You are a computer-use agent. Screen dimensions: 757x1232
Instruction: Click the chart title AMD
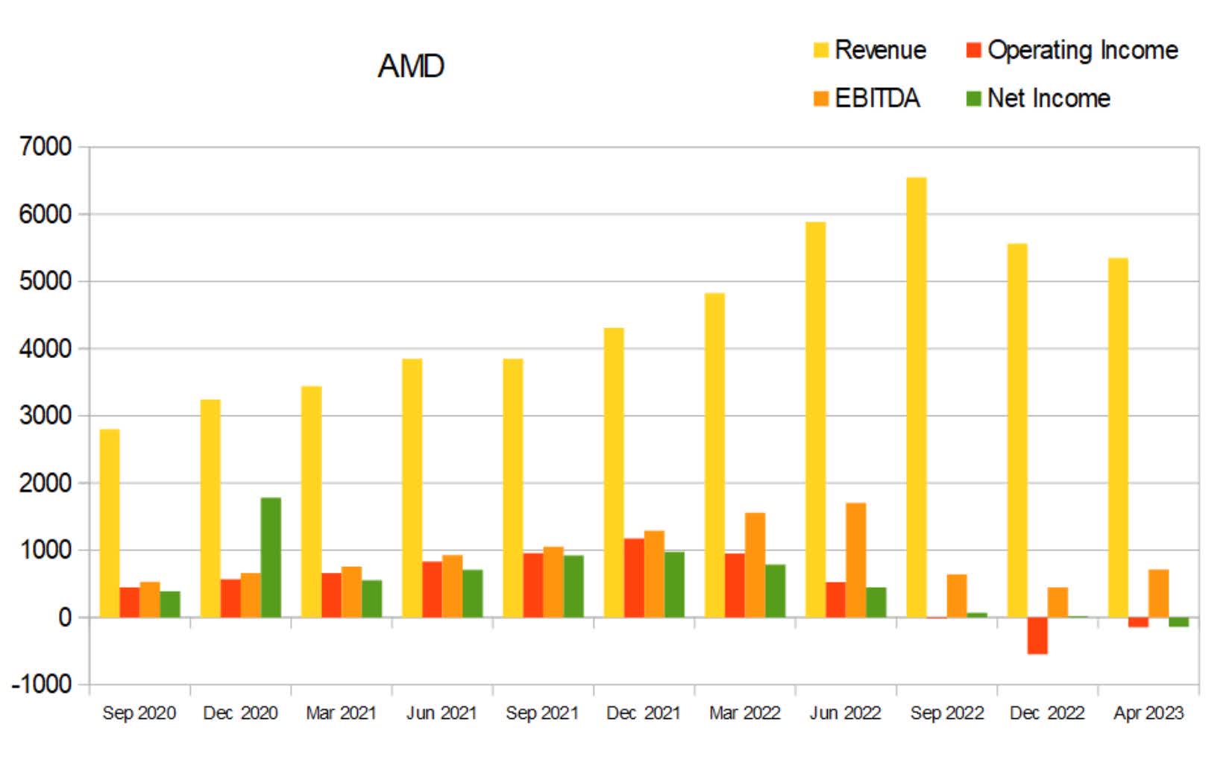tap(411, 66)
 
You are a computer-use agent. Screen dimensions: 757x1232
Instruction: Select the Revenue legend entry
tap(870, 50)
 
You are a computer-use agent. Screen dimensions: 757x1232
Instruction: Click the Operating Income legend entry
tap(1072, 50)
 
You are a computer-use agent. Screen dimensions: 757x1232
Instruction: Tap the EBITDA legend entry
tap(867, 98)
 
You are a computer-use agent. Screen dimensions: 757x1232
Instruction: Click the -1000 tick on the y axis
tap(42, 684)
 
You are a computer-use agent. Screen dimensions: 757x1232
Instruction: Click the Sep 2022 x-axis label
tap(946, 713)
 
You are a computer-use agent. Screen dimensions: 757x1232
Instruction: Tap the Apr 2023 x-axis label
tap(1148, 713)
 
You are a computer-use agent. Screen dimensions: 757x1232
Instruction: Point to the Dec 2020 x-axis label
tap(240, 713)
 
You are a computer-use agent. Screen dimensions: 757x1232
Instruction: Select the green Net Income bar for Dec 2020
tap(271, 557)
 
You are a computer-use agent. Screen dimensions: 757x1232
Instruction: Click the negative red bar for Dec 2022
tap(1037, 635)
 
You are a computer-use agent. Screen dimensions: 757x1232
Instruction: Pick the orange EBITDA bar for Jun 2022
tap(855, 560)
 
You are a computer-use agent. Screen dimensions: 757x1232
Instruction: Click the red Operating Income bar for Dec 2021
tap(634, 578)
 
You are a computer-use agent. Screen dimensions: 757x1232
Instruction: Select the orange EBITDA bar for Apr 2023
tap(1158, 594)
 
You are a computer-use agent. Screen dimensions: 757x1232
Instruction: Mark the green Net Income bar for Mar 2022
tap(775, 591)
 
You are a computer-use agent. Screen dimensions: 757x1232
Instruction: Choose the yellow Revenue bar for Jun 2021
tap(412, 489)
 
